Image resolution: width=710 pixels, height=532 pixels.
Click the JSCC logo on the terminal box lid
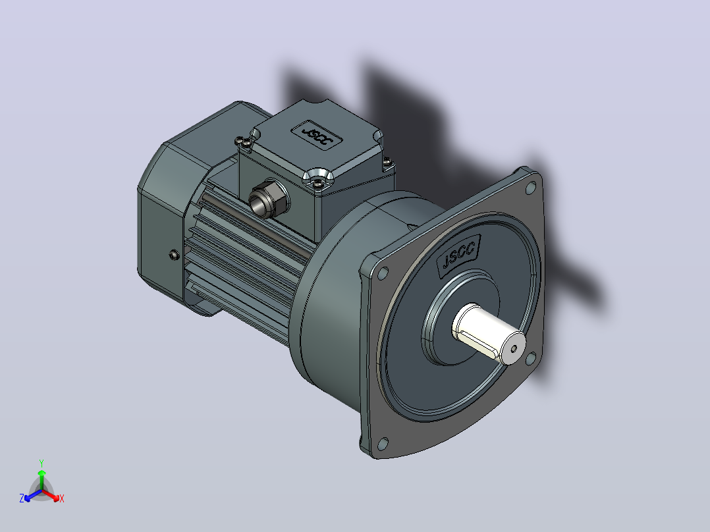click(317, 136)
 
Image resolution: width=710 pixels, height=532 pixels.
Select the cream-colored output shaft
click(489, 333)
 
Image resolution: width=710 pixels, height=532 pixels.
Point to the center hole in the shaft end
click(514, 348)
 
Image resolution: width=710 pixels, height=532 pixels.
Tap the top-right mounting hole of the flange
click(530, 188)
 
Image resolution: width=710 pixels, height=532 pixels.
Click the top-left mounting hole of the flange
click(383, 273)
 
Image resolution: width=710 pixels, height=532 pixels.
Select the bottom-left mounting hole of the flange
click(383, 444)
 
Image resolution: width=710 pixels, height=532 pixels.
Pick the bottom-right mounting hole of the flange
click(531, 359)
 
